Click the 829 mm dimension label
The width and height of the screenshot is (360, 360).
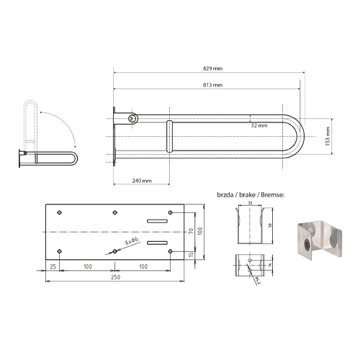pyautogui.click(x=212, y=69)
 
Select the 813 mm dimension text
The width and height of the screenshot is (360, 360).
pyautogui.click(x=212, y=85)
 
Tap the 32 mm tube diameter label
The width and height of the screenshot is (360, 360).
pyautogui.click(x=259, y=125)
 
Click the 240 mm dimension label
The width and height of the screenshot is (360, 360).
pyautogui.click(x=141, y=179)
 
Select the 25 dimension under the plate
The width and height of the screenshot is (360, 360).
pyautogui.click(x=53, y=266)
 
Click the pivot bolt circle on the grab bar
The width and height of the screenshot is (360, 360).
pyautogui.click(x=132, y=118)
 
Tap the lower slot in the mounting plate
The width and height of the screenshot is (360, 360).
pyautogui.click(x=156, y=243)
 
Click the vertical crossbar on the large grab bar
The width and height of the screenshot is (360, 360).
pyautogui.click(x=170, y=136)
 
